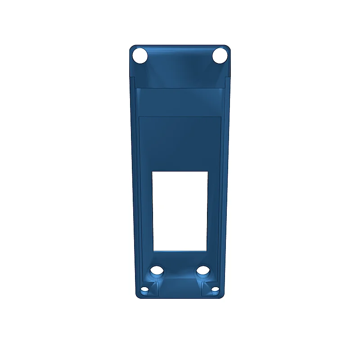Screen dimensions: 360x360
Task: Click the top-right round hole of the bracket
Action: pyautogui.click(x=220, y=56)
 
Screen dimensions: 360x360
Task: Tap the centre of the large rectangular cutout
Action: pyautogui.click(x=180, y=211)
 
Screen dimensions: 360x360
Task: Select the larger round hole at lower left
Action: pyautogui.click(x=157, y=271)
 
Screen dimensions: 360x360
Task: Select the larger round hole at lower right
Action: pyautogui.click(x=204, y=271)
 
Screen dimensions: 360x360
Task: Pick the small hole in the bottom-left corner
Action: pyautogui.click(x=144, y=290)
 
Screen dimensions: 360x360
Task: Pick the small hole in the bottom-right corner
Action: pyautogui.click(x=215, y=289)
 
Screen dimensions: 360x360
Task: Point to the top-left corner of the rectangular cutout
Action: pyautogui.click(x=153, y=171)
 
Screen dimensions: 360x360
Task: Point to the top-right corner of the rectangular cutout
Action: pyautogui.click(x=208, y=171)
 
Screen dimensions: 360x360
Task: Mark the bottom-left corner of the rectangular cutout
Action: pyautogui.click(x=153, y=251)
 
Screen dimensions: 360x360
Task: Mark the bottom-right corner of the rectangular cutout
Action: pyautogui.click(x=207, y=251)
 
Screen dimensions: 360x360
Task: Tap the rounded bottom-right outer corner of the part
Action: pyautogui.click(x=222, y=296)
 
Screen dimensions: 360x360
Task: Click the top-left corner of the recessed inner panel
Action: pyautogui.click(x=139, y=117)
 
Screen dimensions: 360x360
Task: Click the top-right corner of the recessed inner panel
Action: pyautogui.click(x=221, y=117)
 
